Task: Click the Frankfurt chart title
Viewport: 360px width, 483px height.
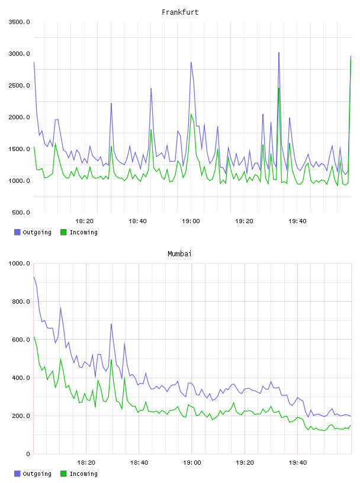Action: click(180, 12)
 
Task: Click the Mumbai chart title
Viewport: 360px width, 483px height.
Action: click(179, 254)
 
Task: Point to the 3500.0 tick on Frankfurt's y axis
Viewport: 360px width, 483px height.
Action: click(20, 22)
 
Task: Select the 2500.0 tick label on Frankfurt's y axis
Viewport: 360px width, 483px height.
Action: click(20, 85)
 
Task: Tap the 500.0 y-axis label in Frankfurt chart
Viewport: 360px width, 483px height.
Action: click(21, 212)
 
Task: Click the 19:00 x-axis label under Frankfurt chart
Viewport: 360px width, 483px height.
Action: click(191, 221)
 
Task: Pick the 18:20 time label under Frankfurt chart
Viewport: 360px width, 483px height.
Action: click(84, 221)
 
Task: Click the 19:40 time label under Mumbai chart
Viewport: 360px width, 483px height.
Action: click(298, 463)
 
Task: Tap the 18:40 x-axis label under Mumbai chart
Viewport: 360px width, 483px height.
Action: click(139, 463)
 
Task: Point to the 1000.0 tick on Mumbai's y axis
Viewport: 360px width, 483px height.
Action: click(20, 263)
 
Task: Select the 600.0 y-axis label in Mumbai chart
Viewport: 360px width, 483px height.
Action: click(21, 340)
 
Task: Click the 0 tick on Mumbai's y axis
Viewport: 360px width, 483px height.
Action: click(28, 454)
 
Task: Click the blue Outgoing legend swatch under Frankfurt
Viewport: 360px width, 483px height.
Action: click(17, 232)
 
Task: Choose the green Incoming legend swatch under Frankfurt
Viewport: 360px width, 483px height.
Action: click(63, 232)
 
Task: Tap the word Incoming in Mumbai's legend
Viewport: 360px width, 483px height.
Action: click(83, 474)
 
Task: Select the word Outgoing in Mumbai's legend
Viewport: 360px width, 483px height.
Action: click(37, 474)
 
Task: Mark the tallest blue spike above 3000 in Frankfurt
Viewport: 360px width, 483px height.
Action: click(279, 53)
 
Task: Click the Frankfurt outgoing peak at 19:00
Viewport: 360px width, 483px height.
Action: click(191, 63)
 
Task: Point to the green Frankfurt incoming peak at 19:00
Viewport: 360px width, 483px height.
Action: click(191, 115)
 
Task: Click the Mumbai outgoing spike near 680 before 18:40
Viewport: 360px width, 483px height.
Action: click(111, 324)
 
